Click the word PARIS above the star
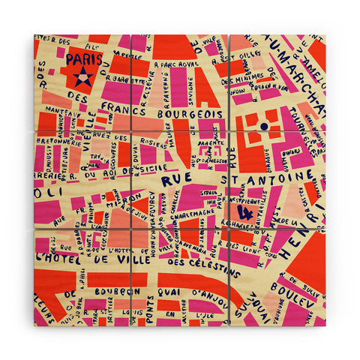click(x=81, y=59)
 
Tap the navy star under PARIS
click(x=82, y=76)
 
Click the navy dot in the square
click(x=264, y=127)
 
